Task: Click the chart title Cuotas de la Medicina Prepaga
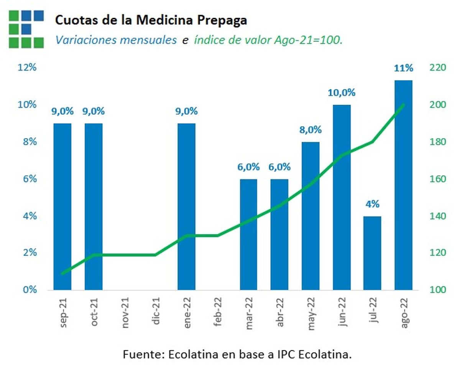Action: [151, 21]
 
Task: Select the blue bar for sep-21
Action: [62, 207]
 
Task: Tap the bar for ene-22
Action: [186, 207]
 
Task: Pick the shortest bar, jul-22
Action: [372, 253]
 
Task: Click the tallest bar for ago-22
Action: [403, 184]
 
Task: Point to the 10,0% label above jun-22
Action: [341, 93]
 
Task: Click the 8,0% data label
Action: [310, 130]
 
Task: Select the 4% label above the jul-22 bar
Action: [372, 204]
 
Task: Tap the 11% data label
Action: [404, 69]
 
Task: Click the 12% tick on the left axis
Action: [27, 68]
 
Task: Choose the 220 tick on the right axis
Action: [437, 68]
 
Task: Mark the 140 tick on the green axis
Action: [437, 216]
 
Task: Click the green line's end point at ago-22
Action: [403, 104]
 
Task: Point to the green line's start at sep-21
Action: [62, 274]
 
